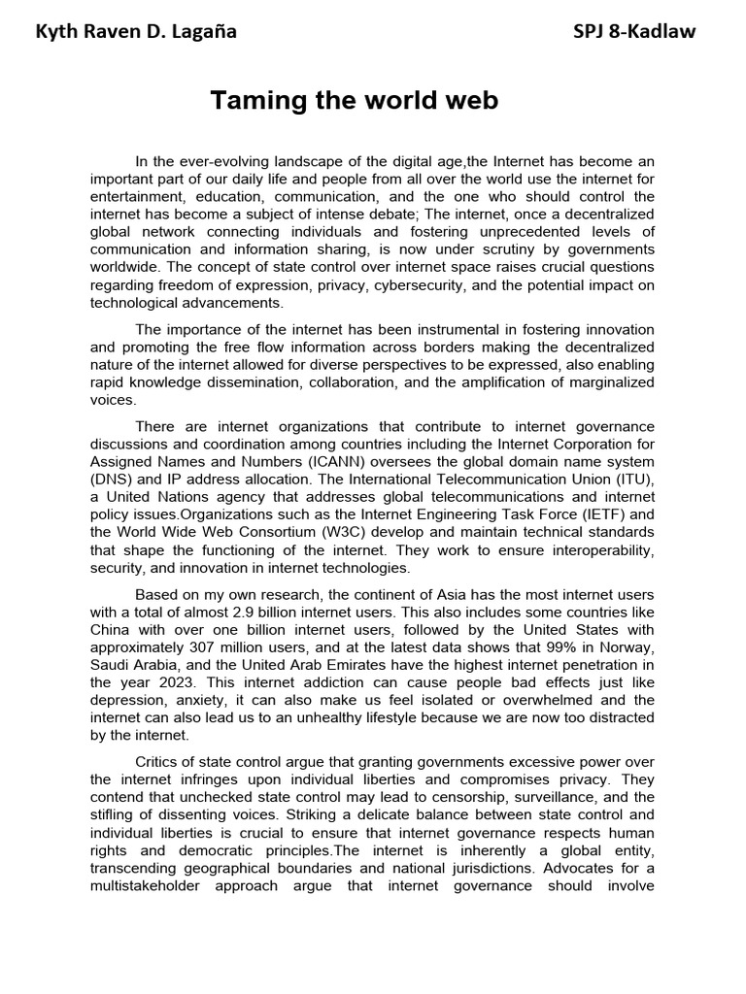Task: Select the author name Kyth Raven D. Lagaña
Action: pyautogui.click(x=136, y=33)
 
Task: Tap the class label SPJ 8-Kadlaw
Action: pyautogui.click(x=635, y=33)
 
